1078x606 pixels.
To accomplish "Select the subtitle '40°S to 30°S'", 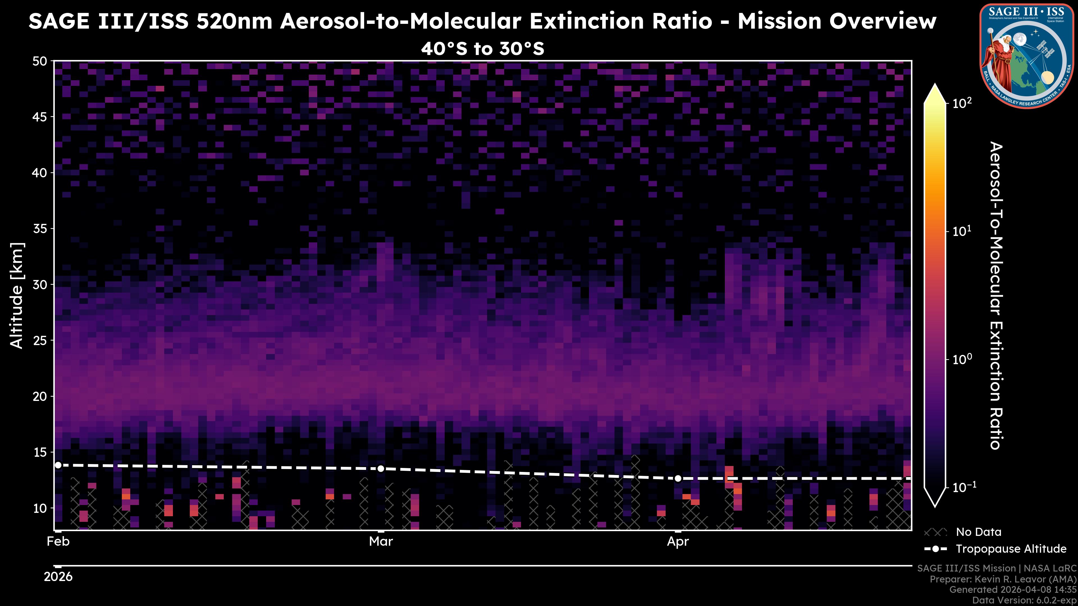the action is (x=483, y=49).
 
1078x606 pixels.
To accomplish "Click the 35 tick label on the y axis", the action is (x=40, y=229).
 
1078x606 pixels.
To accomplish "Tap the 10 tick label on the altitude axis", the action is (x=40, y=508).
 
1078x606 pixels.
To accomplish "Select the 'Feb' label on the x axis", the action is (x=58, y=541).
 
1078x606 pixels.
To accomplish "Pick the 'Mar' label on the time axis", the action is (x=381, y=541).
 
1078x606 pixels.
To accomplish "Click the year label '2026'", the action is (x=58, y=577).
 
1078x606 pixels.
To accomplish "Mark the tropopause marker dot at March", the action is (x=381, y=469).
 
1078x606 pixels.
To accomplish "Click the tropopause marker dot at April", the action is (x=678, y=478).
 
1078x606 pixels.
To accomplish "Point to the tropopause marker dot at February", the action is (x=58, y=465).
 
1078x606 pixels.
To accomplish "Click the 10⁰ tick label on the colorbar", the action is (x=962, y=359).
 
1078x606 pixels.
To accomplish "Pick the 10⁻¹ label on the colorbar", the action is (x=964, y=487).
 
